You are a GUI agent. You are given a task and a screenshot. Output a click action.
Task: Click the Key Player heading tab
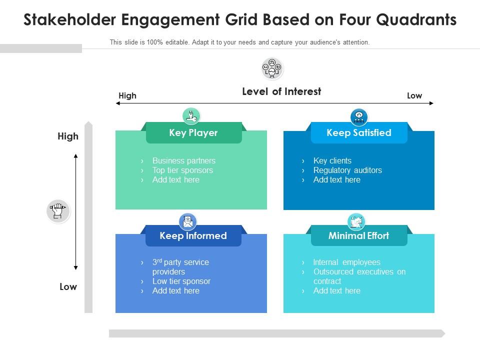[193, 133]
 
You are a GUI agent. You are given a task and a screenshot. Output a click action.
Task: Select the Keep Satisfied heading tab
[359, 133]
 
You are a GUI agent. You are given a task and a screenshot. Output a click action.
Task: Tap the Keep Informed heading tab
[193, 236]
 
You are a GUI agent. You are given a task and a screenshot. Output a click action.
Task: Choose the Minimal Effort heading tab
[358, 236]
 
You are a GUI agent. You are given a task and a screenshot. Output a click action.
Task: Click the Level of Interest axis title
[281, 91]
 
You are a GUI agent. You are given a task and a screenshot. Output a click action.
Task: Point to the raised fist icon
[57, 210]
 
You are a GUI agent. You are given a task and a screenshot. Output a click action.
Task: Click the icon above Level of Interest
[272, 68]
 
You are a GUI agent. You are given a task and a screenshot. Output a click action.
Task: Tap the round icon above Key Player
[191, 116]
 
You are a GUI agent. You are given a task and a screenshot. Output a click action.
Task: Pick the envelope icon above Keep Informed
[188, 221]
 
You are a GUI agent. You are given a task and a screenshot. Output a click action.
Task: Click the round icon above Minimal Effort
[356, 221]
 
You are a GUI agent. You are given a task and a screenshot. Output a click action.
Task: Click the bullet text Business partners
[184, 161]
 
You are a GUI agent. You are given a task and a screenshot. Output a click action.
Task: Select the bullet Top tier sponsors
[182, 170]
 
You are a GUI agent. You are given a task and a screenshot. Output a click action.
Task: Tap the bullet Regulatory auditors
[347, 170]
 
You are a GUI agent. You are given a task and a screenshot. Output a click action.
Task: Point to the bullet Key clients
[332, 161]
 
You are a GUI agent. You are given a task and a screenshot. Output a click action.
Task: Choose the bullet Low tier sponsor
[181, 281]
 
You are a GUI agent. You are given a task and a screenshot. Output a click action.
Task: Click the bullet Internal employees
[346, 262]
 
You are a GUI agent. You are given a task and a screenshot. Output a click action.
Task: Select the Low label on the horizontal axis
[414, 96]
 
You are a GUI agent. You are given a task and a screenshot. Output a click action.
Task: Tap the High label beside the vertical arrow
[68, 136]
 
